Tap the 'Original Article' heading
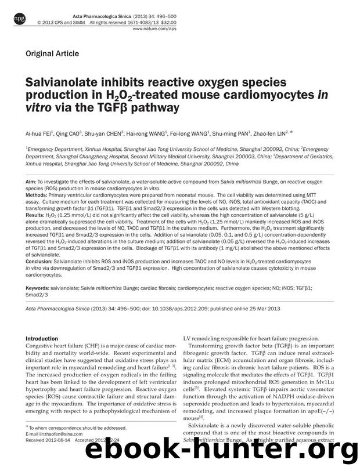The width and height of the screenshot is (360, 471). pos(52,54)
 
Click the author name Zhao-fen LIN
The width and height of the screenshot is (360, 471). pos(282,133)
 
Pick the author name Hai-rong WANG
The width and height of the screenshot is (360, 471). pos(146,133)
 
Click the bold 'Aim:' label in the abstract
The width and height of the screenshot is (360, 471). pos(31,182)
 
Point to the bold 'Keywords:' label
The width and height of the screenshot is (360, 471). pos(37,287)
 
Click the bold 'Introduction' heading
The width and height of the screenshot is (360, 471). pos(42,338)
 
